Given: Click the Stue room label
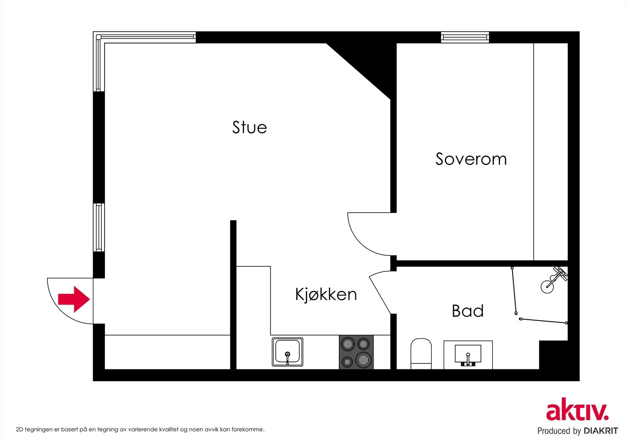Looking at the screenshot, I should (249, 127).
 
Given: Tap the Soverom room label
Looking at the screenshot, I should (471, 159).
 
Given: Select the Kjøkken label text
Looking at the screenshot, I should (326, 294).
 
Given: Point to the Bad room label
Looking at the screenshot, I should (468, 311).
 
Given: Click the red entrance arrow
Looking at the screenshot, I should (74, 299).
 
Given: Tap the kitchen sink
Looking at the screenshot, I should (288, 351).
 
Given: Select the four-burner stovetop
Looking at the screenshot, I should (356, 352).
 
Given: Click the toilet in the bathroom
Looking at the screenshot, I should (421, 353).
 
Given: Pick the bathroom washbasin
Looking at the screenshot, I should (468, 354).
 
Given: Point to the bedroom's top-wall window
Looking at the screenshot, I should (465, 37).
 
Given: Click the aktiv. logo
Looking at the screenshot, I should (577, 411).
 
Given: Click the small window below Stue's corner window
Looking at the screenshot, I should (99, 227).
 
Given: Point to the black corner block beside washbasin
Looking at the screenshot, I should (553, 355).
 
